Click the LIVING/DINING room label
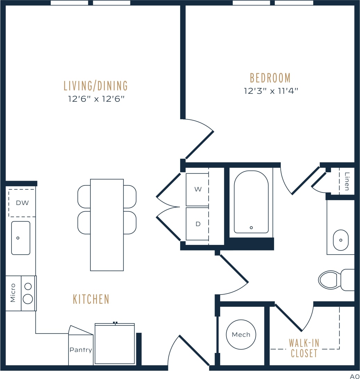(x=96, y=85)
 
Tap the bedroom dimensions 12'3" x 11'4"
(x=271, y=91)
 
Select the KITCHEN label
(x=91, y=299)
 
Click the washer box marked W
(x=198, y=190)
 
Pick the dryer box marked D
(x=198, y=224)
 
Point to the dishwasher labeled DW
(x=22, y=203)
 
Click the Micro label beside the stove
(x=13, y=293)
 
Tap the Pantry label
(x=81, y=350)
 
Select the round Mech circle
(x=241, y=335)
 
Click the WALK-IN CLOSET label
(x=304, y=348)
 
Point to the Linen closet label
(x=347, y=181)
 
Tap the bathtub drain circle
(x=251, y=228)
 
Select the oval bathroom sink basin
(x=341, y=240)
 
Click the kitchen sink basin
(x=21, y=238)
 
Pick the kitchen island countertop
(x=107, y=225)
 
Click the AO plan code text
(x=354, y=376)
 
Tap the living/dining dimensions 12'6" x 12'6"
(x=96, y=99)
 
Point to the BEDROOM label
(x=270, y=78)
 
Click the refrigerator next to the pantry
(x=115, y=344)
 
